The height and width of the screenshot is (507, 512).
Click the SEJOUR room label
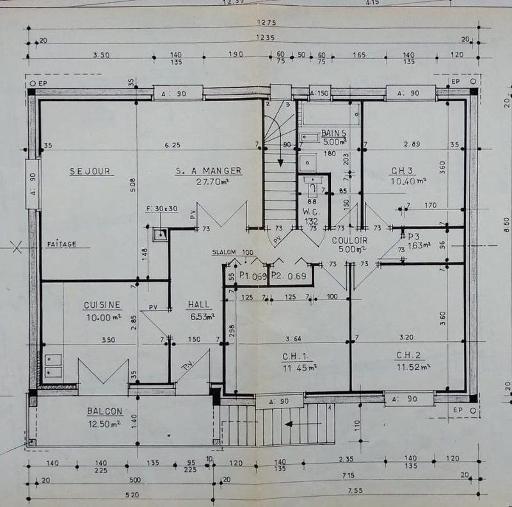(x=91, y=171)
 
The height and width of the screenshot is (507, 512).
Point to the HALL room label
(x=200, y=304)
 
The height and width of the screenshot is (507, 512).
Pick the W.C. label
(x=312, y=212)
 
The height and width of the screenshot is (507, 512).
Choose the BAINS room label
(x=333, y=133)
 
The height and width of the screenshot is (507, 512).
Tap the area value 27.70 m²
(x=209, y=181)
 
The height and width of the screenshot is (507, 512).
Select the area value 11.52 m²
(x=413, y=367)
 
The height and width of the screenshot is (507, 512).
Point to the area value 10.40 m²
(x=408, y=181)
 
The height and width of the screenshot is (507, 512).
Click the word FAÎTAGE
(x=61, y=245)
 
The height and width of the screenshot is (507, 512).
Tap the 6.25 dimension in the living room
(x=172, y=145)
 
